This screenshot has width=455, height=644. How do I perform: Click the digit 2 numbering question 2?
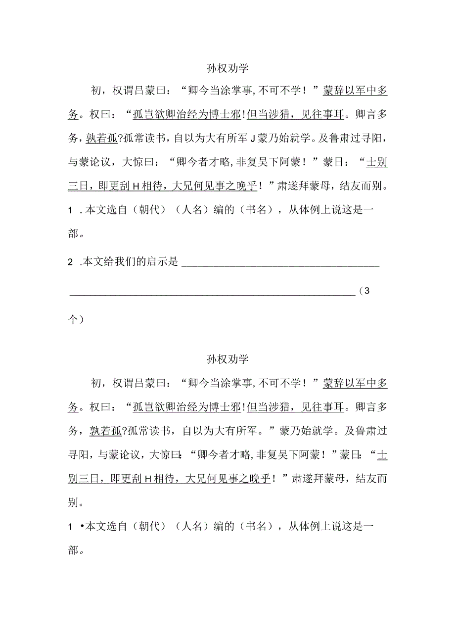click(x=71, y=262)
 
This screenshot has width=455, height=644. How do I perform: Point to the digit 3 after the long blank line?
click(x=366, y=291)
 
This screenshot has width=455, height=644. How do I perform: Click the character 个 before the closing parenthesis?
click(x=73, y=320)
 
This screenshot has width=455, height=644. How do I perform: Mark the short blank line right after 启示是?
click(x=280, y=265)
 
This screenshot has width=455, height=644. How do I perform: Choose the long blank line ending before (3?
click(x=212, y=294)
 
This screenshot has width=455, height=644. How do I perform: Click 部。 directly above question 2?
click(x=75, y=234)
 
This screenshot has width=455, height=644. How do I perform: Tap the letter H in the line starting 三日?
click(x=136, y=187)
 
